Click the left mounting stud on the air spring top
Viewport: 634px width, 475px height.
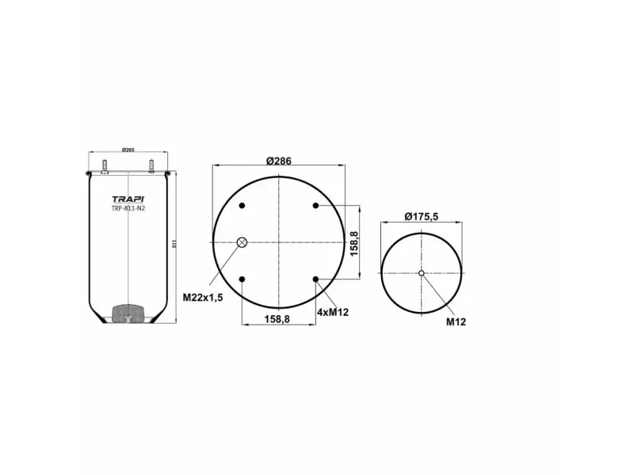[104, 166]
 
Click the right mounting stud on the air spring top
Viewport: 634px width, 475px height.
[150, 166]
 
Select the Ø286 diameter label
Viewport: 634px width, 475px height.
[279, 161]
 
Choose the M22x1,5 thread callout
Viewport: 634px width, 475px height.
[204, 297]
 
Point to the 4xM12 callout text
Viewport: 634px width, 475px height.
[333, 313]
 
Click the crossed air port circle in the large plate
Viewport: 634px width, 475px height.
[243, 242]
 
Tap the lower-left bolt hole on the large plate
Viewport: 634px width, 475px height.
[243, 279]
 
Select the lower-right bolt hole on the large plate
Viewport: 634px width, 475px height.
[315, 279]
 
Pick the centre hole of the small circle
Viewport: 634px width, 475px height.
[422, 274]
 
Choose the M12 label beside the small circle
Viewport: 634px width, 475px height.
[454, 322]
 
